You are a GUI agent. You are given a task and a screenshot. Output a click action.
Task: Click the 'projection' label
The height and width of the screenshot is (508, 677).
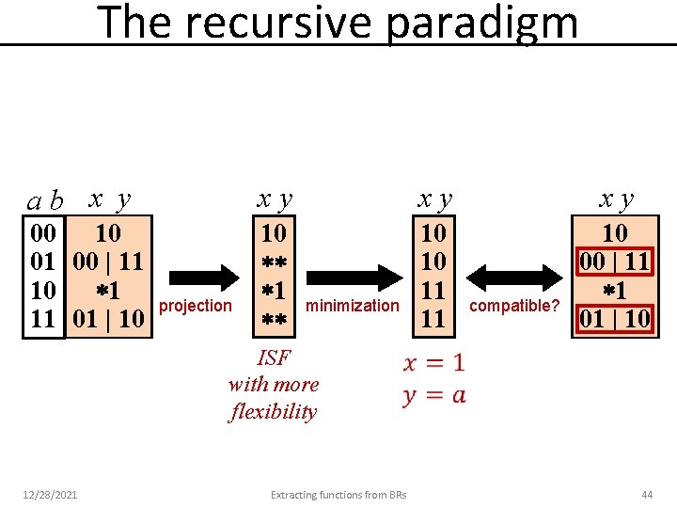click(x=197, y=305)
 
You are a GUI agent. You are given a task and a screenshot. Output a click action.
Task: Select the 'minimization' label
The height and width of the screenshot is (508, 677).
click(x=353, y=305)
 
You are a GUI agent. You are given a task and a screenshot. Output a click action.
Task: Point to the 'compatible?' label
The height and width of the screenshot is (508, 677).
click(x=514, y=305)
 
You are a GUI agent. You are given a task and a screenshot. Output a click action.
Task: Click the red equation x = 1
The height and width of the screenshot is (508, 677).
click(x=433, y=363)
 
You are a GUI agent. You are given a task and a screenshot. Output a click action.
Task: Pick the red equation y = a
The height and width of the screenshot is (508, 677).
click(x=433, y=394)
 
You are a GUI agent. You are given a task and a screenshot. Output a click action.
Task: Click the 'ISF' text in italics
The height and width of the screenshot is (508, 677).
click(x=274, y=357)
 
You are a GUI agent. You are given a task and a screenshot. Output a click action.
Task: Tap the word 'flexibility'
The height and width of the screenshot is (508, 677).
click(x=274, y=411)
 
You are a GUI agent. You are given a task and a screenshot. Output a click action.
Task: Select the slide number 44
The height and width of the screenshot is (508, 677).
click(x=646, y=494)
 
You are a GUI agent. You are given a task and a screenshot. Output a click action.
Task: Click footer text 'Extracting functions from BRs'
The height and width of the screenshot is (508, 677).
click(x=338, y=494)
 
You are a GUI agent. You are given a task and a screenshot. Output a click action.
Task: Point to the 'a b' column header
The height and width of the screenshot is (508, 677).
click(x=45, y=200)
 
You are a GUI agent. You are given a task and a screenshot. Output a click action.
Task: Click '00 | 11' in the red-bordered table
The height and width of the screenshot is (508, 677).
click(x=614, y=261)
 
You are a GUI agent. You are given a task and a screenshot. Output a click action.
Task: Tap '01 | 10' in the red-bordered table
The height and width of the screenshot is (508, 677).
click(x=614, y=318)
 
